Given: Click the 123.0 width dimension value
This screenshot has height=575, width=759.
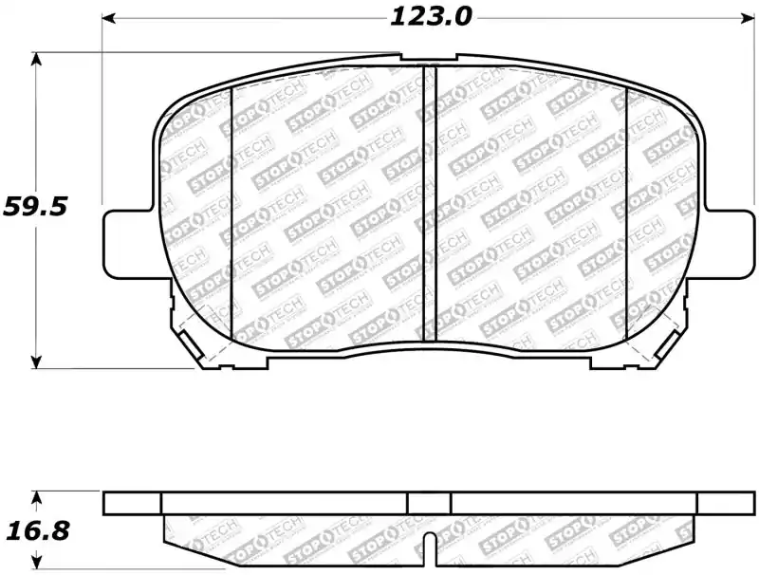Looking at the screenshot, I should point(430,17).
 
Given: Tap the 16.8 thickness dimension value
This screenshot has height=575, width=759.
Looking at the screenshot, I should point(35,531).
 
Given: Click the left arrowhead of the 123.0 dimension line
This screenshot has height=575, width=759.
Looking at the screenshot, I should point(109,18).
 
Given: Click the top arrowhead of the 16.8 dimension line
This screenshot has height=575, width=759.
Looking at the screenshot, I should point(37,496).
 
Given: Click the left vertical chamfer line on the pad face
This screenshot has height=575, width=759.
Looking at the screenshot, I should point(232,213).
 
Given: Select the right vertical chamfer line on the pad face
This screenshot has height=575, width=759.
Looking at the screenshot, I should point(627,213).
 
